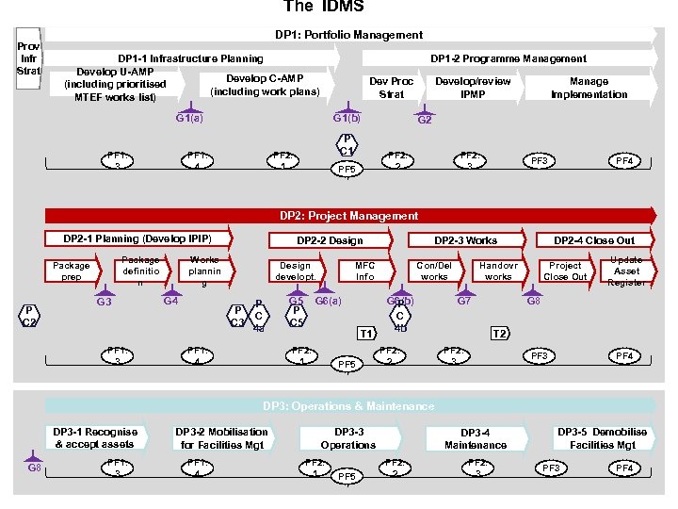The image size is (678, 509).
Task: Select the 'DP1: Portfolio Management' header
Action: coord(348,35)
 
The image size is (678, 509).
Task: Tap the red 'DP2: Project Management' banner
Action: coord(348,216)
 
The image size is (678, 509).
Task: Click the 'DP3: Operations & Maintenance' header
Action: coord(348,406)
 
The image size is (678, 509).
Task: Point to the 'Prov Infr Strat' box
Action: coord(28,58)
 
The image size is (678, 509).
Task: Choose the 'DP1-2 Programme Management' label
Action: coord(508,58)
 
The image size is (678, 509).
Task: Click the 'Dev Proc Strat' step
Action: coord(391,88)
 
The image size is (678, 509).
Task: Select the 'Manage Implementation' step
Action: coord(589,88)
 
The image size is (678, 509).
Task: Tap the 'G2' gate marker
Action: coord(425,119)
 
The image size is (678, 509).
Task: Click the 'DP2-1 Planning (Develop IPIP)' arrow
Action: coord(137,239)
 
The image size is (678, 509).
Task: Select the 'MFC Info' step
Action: coord(364,271)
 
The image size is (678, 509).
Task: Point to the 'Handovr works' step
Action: coord(497,271)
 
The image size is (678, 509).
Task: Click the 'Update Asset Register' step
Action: coord(626,271)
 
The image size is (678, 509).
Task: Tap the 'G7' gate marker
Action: coord(464,301)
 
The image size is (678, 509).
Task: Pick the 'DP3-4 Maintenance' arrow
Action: coord(476,438)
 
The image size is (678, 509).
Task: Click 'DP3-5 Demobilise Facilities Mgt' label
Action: coord(603,438)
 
